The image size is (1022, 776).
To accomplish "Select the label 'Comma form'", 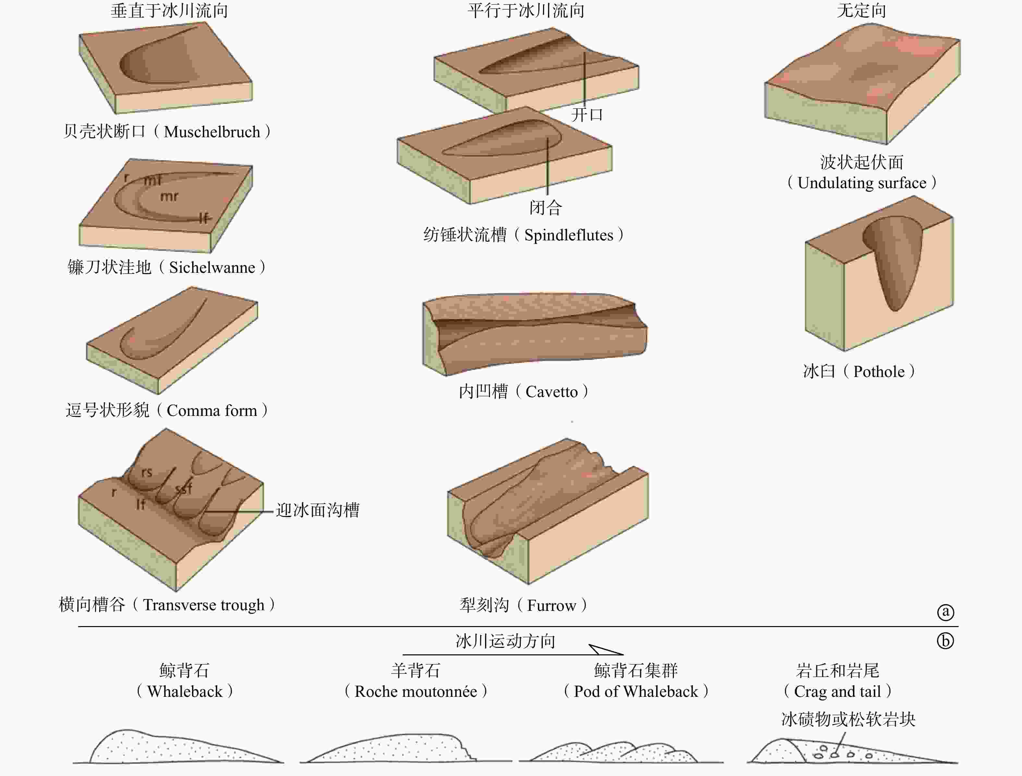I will [x=212, y=411].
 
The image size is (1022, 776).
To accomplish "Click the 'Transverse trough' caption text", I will [x=203, y=605].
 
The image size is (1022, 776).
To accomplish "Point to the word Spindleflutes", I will [x=569, y=236].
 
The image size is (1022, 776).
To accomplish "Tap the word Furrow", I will [x=551, y=606].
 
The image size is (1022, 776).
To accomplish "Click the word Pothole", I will [x=879, y=372].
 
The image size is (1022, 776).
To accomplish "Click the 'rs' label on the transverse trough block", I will [x=146, y=472].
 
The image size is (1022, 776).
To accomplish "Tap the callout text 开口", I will [x=587, y=115].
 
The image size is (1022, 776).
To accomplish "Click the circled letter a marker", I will [x=945, y=612].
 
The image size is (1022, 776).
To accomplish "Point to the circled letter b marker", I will [x=945, y=641].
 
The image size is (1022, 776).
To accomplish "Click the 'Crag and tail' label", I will [x=837, y=691].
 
